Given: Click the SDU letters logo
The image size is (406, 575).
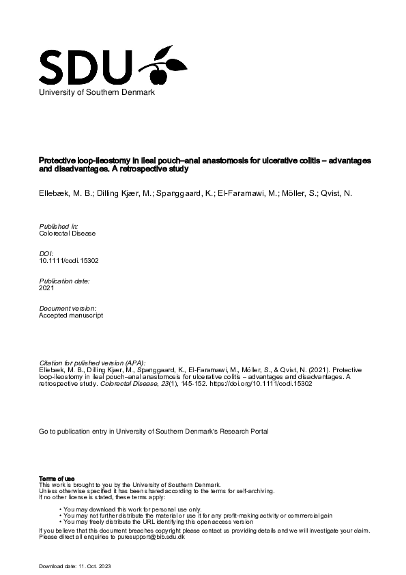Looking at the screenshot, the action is [x=85, y=66].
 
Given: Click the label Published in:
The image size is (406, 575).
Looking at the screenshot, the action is [x=59, y=225].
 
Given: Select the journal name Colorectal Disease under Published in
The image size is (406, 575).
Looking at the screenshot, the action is [x=68, y=233].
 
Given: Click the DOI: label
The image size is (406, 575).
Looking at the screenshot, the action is [x=46, y=253].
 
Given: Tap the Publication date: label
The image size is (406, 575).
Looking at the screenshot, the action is [x=65, y=281].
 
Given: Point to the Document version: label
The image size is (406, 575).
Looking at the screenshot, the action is [x=68, y=308].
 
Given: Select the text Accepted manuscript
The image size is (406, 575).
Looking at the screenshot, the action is [x=71, y=315].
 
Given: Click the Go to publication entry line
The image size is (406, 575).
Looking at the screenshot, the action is [x=154, y=432].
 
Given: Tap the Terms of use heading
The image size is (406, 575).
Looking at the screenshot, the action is [x=57, y=478].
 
